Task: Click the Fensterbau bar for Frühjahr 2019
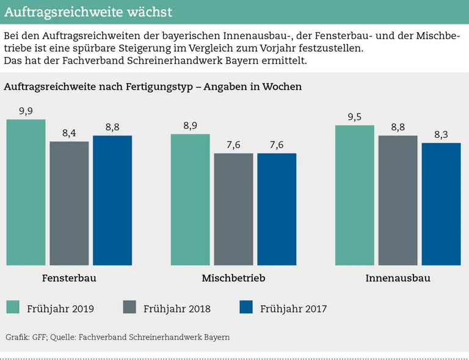[x=26, y=192]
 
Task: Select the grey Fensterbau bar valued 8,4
[x=69, y=203]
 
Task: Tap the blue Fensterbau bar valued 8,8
[x=112, y=200]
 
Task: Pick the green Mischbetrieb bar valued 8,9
[x=191, y=200]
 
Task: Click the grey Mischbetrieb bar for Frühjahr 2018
[x=233, y=209]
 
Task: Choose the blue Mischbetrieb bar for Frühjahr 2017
[x=277, y=209]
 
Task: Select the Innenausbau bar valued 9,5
[x=355, y=195]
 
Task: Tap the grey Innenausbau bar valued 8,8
[x=398, y=200]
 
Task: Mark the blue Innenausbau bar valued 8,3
[x=442, y=204]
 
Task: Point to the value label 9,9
[x=26, y=111]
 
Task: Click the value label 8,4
[x=69, y=133]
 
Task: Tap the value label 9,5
[x=355, y=117]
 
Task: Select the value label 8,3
[x=442, y=135]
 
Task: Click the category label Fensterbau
[x=69, y=279]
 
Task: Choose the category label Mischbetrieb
[x=233, y=279]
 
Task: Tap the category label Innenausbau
[x=398, y=279]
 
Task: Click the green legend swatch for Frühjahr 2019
[x=13, y=308]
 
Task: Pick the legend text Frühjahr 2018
[x=176, y=309]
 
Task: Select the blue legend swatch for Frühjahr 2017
[x=246, y=308]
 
